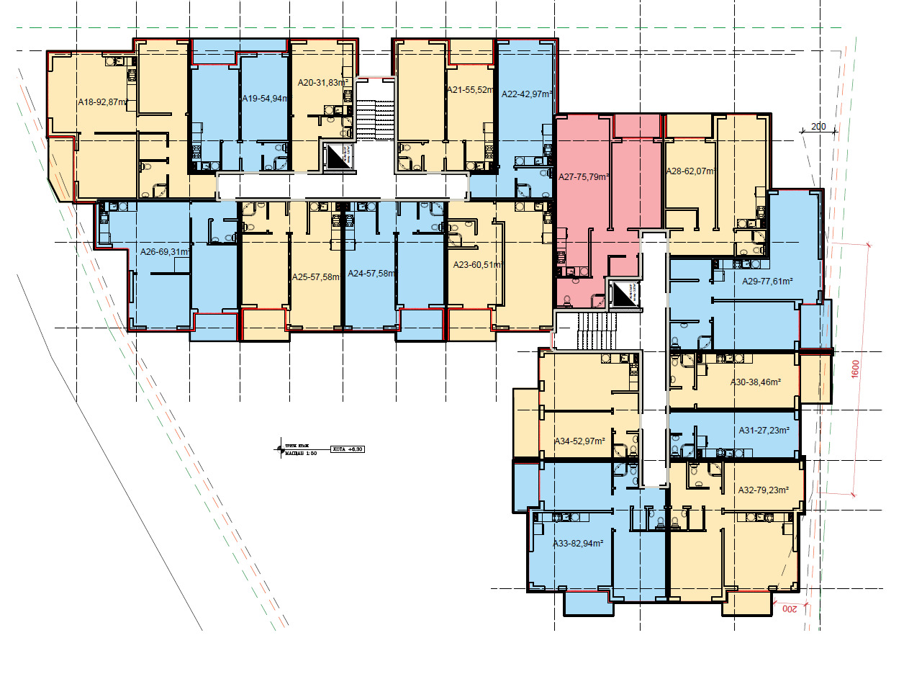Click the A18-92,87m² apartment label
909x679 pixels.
[x=103, y=103]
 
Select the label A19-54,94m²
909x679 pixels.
[x=265, y=99]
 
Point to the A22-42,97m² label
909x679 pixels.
[x=527, y=94]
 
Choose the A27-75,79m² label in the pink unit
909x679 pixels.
[x=584, y=176]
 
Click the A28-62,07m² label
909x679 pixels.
[x=692, y=171]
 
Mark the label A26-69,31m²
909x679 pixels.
[x=165, y=252]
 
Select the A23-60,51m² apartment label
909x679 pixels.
[x=478, y=265]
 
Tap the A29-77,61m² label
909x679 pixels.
[x=767, y=282]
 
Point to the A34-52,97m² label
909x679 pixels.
[x=579, y=441]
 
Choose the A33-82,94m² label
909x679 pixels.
[x=577, y=544]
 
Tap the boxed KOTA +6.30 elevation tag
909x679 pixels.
[x=348, y=449]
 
